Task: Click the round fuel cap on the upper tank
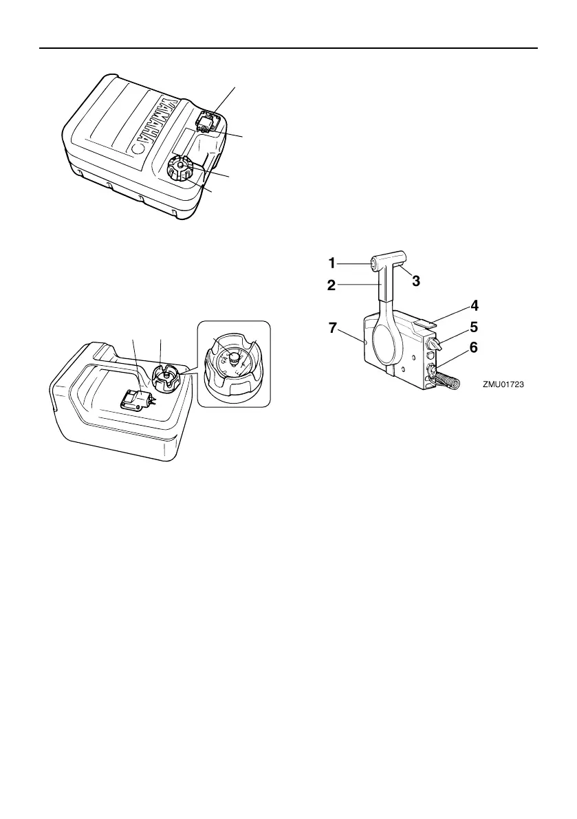point(180,168)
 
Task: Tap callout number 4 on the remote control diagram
point(475,304)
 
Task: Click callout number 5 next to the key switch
point(475,327)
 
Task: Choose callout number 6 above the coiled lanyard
point(475,349)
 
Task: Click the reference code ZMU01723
point(504,386)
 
